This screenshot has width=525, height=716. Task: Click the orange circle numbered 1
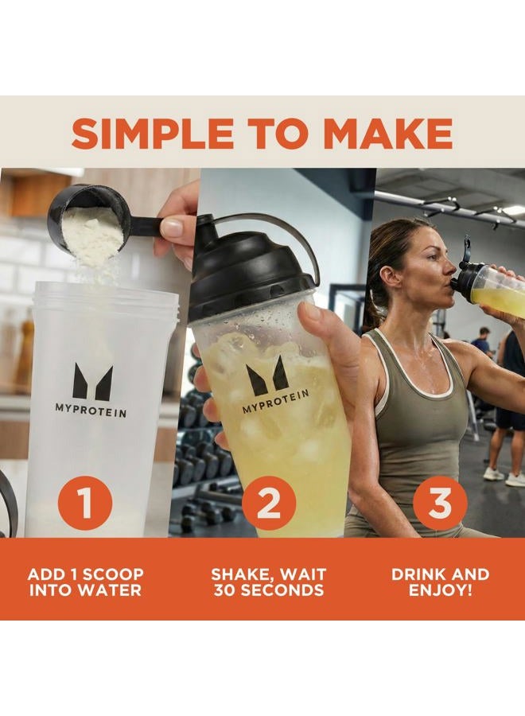84,503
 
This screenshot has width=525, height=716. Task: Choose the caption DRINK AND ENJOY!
440,582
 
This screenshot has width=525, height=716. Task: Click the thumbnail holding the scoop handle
172,228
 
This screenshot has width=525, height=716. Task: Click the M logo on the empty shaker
92,383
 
